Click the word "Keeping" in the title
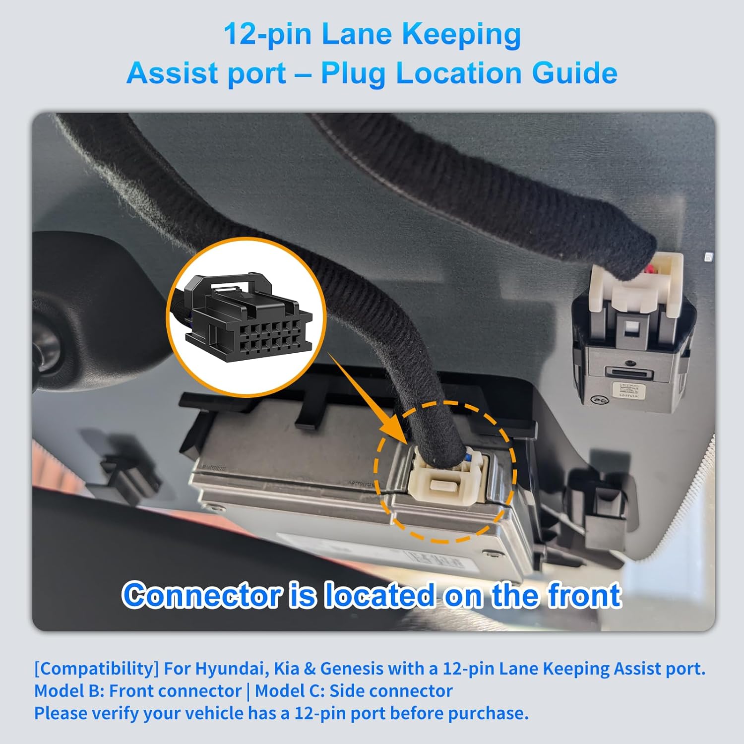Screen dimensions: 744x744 [462, 35]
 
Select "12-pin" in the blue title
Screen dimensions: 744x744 [267, 35]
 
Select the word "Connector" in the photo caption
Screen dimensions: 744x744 [201, 596]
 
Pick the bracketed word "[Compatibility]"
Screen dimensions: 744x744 [96, 669]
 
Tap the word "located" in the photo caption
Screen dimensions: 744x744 [379, 596]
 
